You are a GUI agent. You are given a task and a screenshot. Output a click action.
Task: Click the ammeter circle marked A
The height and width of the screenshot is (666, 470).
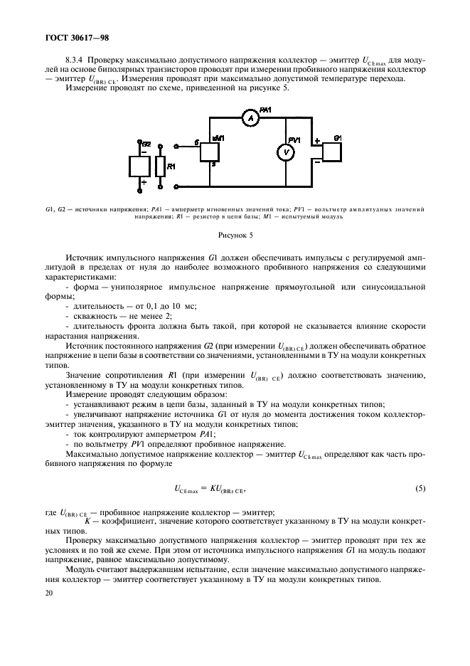coord(250,119)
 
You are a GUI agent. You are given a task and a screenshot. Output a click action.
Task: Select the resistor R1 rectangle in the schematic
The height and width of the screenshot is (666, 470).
coord(161,166)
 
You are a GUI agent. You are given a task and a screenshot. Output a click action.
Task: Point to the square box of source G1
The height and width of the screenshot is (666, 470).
coord(333,152)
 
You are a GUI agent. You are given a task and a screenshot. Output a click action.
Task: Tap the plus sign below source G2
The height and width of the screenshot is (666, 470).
coord(143,183)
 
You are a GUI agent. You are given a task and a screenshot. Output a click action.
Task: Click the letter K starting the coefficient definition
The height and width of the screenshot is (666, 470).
coord(86,520)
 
